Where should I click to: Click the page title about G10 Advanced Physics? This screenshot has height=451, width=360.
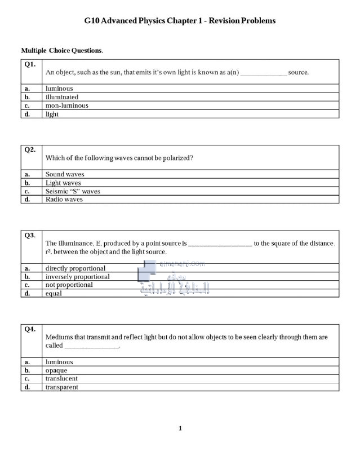click(x=180, y=21)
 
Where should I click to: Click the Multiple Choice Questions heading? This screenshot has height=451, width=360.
click(x=62, y=51)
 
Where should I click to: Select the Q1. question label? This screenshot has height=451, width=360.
click(x=30, y=64)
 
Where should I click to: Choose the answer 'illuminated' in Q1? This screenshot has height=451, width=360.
click(x=62, y=97)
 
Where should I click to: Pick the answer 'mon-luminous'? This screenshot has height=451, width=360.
click(x=66, y=105)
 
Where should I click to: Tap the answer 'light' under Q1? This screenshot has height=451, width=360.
click(x=52, y=114)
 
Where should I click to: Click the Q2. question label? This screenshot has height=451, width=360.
click(x=30, y=150)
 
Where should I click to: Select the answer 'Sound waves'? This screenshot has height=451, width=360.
click(x=64, y=174)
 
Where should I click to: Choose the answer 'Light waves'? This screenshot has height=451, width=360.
click(x=63, y=183)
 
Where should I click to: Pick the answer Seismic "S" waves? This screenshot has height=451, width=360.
click(x=73, y=191)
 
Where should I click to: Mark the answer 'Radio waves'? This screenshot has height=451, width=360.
click(x=64, y=199)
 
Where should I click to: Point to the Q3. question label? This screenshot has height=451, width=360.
click(x=30, y=235)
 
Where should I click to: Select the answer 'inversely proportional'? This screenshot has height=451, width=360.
click(x=77, y=277)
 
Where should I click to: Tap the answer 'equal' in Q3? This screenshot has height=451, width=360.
click(x=54, y=293)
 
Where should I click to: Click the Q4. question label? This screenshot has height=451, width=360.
click(x=30, y=329)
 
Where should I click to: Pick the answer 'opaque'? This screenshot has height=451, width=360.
click(x=56, y=370)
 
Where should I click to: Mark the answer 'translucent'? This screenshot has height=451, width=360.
click(x=61, y=379)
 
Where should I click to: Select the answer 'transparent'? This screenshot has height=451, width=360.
click(x=62, y=387)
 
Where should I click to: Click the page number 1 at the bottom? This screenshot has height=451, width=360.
click(x=180, y=429)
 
